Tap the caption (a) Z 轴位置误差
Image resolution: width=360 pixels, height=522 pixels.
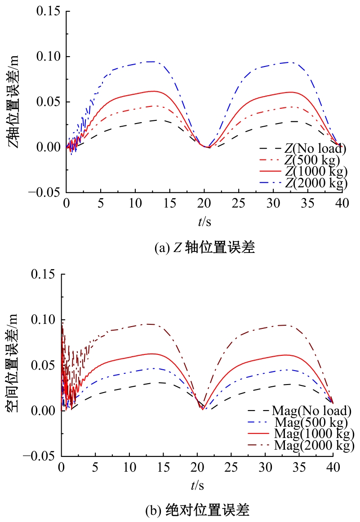[204, 248]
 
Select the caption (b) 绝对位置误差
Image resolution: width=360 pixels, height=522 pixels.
[198, 510]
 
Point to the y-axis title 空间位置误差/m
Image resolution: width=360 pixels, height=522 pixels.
[13, 365]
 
